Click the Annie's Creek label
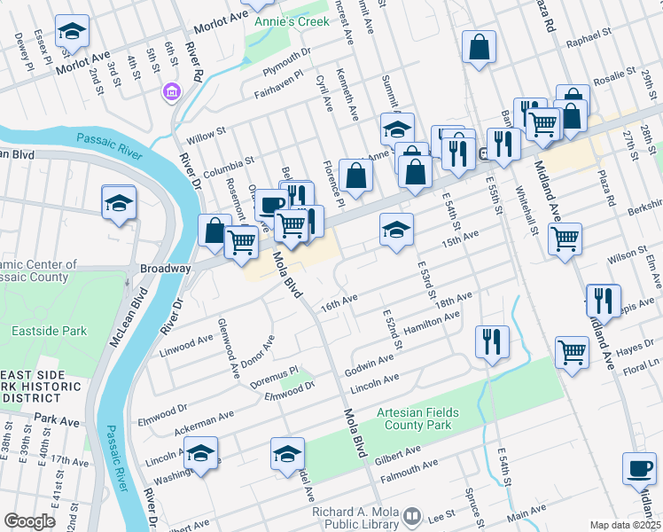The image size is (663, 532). coord(291,20)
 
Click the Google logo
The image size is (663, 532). coord(29,521)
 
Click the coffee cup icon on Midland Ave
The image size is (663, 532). coord(639,468)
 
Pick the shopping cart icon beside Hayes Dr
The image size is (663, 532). coord(572,352)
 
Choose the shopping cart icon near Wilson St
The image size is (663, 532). coord(565,239)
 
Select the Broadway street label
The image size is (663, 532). coord(165,268)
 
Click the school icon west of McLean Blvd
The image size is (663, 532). coord(119,203)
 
